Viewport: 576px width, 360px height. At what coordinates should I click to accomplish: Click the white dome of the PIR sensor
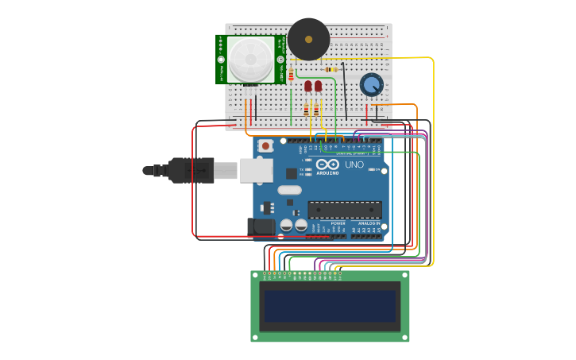click(249, 59)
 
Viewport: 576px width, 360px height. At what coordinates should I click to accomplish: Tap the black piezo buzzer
click(308, 39)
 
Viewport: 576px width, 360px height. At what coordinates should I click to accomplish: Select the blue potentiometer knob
click(371, 84)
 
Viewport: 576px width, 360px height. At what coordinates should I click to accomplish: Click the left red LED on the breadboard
click(307, 86)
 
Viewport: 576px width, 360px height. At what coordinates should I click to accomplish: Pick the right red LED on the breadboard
click(318, 86)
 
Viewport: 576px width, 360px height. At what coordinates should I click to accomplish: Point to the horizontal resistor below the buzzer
click(331, 69)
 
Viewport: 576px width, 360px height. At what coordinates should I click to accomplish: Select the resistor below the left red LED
click(307, 110)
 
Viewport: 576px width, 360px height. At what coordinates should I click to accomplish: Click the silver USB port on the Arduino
click(256, 170)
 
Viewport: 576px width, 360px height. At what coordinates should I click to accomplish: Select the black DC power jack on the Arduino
click(261, 227)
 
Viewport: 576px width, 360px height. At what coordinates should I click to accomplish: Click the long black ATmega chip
click(345, 210)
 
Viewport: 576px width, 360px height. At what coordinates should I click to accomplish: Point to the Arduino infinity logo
click(327, 165)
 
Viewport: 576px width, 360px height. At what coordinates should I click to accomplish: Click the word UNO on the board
click(354, 165)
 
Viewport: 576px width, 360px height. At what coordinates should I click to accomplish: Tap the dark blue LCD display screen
click(330, 306)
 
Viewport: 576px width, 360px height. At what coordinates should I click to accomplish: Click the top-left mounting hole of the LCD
click(256, 276)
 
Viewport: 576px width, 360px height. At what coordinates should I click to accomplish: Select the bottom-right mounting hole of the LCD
click(404, 337)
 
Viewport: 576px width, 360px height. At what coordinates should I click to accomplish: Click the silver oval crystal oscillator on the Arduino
click(289, 190)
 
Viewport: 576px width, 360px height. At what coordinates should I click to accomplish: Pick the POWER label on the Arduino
click(338, 224)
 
